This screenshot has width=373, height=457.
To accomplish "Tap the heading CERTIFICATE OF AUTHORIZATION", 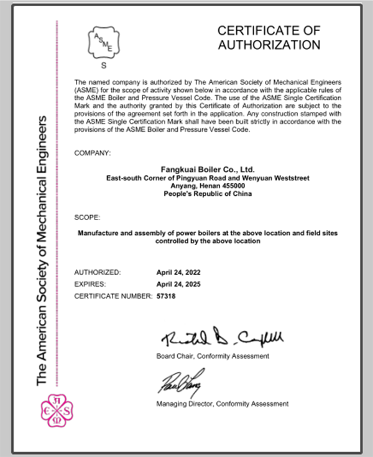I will [269, 37].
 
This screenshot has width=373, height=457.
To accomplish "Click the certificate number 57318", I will [166, 297].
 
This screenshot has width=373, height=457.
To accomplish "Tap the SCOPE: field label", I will [86, 218].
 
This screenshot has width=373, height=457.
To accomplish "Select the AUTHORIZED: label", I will [98, 272].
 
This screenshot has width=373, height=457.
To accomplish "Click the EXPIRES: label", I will [91, 284].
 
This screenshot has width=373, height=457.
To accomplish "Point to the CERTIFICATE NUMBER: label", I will [113, 297].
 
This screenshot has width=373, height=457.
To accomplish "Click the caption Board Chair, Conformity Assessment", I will [213, 356].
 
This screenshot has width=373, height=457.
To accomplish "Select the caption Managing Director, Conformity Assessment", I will [222, 404].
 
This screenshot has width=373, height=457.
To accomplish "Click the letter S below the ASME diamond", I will [103, 65].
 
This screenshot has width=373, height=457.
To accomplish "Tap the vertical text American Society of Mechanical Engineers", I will [44, 249].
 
